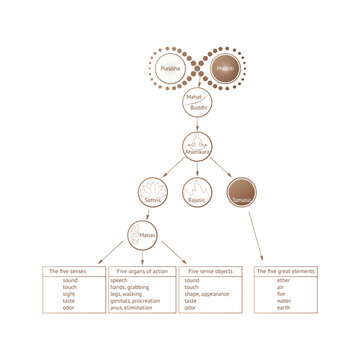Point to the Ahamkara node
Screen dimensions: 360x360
click(x=196, y=147)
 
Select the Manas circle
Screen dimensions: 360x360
click(x=141, y=238)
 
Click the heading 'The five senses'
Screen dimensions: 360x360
click(x=73, y=272)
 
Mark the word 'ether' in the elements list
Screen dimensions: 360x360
click(x=285, y=282)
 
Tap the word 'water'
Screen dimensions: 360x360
click(x=285, y=301)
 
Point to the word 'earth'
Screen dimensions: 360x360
click(x=285, y=308)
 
